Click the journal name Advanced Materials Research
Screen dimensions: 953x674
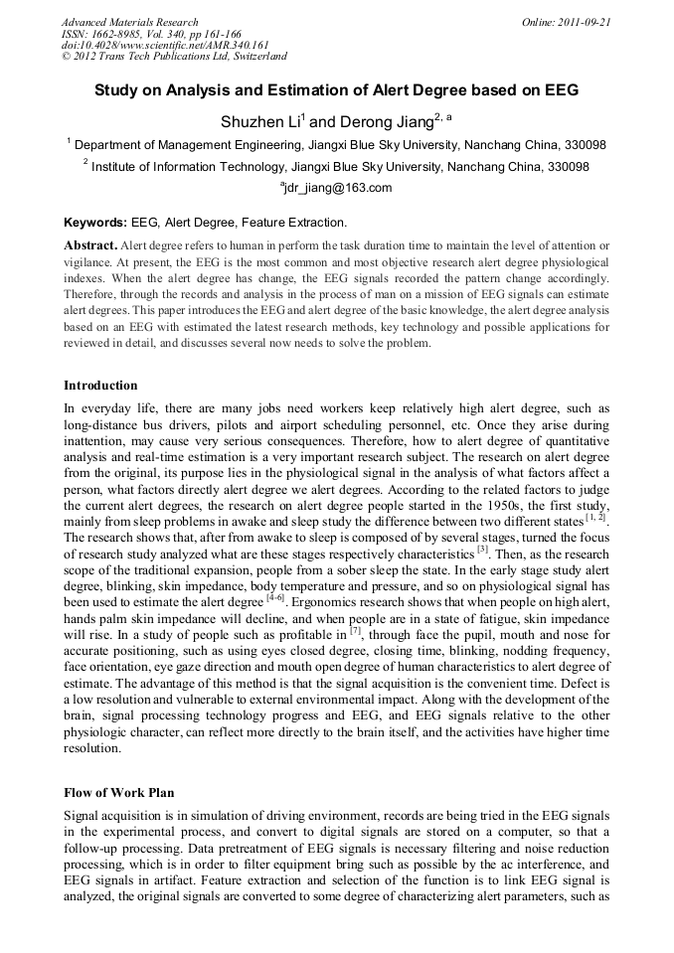point(129,21)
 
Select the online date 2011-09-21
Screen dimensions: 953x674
point(586,21)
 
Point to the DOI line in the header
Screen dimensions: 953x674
point(166,45)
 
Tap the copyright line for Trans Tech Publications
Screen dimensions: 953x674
point(174,57)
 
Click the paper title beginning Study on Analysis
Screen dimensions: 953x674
point(336,89)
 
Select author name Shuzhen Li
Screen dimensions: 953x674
point(259,120)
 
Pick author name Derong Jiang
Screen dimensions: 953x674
point(383,120)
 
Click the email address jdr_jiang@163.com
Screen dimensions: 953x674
point(338,188)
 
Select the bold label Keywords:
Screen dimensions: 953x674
point(95,223)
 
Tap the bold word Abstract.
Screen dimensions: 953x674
point(91,244)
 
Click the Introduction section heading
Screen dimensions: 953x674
point(100,385)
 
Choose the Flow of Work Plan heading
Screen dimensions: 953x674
point(118,792)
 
